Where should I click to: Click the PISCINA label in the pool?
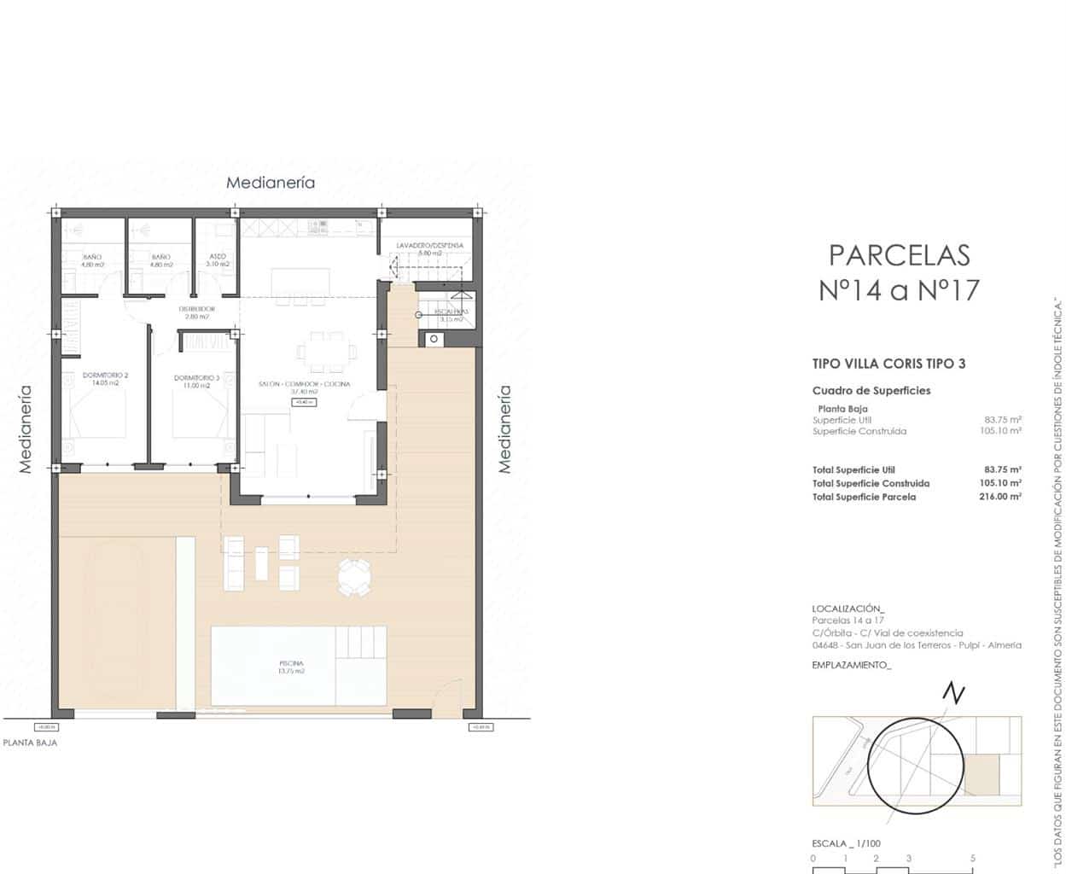291,663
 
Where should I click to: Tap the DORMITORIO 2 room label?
105,376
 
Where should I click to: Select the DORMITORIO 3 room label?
196,377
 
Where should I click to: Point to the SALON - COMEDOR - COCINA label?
304,384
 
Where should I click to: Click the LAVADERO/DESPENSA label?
429,246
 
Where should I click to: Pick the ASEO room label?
218,256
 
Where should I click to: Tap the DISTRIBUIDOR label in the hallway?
196,309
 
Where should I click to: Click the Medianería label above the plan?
270,183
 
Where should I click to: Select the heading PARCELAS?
899,255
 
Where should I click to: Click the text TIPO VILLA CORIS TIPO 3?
888,364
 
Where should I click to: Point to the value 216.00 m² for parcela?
1000,497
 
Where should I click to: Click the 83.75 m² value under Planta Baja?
1003,420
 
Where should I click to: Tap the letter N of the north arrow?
954,695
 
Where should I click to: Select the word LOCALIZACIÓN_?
848,609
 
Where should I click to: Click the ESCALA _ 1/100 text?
846,843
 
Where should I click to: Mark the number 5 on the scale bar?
972,859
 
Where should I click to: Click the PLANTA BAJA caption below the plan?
30,743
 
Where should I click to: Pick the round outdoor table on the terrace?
353,577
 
